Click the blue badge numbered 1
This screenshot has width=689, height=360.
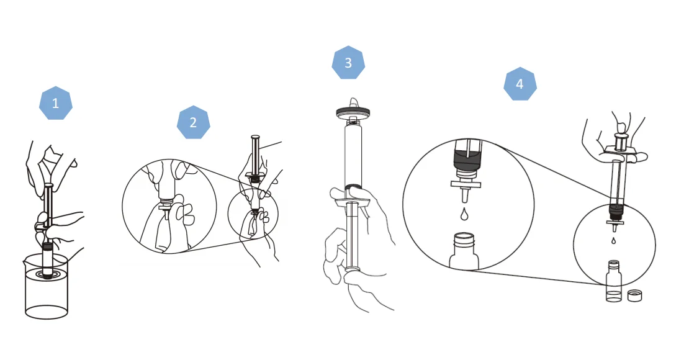coord(55,103)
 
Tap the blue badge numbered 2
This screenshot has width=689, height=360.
coord(193,122)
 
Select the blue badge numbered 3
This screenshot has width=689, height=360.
coord(348,63)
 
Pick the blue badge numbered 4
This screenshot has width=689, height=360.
coord(520,84)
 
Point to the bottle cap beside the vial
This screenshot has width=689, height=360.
coord(634,295)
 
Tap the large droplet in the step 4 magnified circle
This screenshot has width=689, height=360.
coord(464,214)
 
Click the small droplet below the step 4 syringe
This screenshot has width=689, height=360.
coord(614,240)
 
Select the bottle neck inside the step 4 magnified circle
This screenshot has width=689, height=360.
coord(464,240)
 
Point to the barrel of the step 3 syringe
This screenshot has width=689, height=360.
coord(353,155)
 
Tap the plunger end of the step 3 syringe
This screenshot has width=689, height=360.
coord(353,268)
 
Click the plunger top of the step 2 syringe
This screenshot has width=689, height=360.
coord(255,137)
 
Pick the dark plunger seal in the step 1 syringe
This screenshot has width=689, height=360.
coord(47,246)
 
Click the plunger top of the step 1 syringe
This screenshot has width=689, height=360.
coord(48,186)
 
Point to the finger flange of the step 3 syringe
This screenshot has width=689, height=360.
coord(351,202)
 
